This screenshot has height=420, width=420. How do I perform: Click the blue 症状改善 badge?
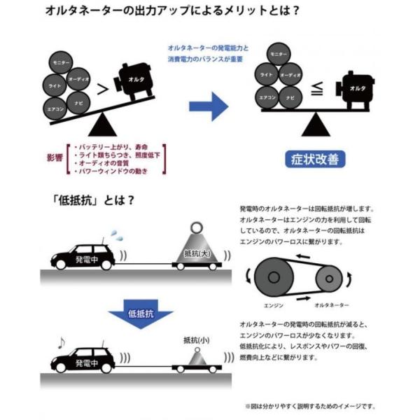point(315,160)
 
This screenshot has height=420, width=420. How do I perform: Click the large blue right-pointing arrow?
point(209,106)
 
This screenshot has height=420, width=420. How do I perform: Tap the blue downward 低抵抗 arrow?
point(141,314)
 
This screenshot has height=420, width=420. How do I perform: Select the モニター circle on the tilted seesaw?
point(61,62)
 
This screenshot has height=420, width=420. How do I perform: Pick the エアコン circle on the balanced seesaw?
point(267,97)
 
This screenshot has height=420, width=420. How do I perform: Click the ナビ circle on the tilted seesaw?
point(78,103)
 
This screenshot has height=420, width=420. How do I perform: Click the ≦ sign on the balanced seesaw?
point(317,89)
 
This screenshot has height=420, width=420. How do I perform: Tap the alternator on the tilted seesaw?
point(134,81)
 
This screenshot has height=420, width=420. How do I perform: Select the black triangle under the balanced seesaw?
point(316,125)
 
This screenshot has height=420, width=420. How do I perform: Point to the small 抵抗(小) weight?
point(197,356)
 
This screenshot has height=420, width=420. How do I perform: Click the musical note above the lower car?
point(62,343)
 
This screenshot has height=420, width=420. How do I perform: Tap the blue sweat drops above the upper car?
point(118,235)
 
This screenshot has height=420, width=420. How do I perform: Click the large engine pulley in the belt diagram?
point(274,277)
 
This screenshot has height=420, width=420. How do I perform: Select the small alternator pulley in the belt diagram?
point(329,279)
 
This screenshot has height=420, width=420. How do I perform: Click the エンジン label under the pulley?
point(274,306)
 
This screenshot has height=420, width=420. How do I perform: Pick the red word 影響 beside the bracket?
point(55,157)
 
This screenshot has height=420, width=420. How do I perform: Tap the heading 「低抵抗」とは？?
point(93,200)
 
